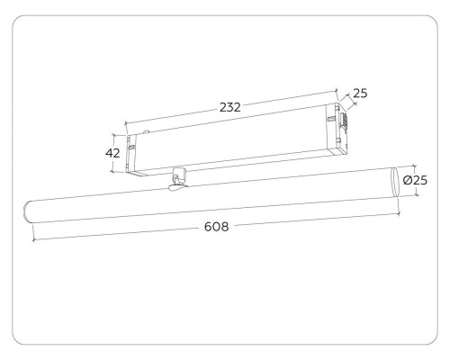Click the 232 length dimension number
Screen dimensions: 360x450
coord(229,106)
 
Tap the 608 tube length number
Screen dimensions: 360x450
coord(216,226)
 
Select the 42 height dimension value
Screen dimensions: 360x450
coord(112,153)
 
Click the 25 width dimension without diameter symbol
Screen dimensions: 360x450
coord(360,93)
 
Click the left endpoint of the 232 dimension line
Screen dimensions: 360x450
coord(126,123)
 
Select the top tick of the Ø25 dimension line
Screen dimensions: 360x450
coord(411,166)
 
